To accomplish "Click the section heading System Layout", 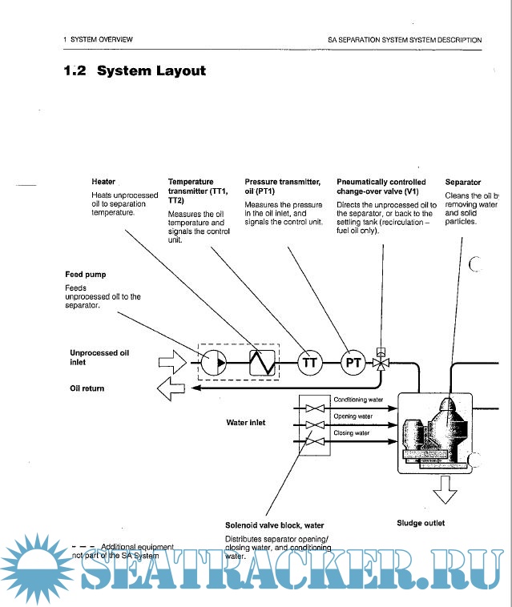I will [135, 71].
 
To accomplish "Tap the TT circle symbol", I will [310, 364].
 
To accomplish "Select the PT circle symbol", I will [353, 364].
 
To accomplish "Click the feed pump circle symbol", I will [214, 364].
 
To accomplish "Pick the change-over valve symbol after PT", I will [383, 363].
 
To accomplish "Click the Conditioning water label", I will [358, 399].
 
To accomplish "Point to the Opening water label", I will [353, 416].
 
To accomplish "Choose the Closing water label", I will [351, 433].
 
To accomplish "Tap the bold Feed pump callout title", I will [85, 275].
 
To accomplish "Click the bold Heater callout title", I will [103, 182].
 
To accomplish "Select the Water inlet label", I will [246, 422].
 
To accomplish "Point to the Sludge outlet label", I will [421, 524].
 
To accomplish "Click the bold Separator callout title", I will [463, 183].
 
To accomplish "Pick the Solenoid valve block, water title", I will [274, 525].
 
